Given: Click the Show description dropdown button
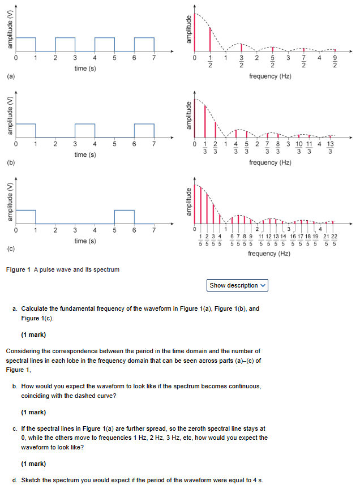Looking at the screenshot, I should pyautogui.click(x=238, y=285).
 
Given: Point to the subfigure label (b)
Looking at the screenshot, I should pyautogui.click(x=11, y=162).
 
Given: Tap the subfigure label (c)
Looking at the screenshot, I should pyautogui.click(x=11, y=248).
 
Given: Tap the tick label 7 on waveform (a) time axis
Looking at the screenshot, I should pyautogui.click(x=153, y=58).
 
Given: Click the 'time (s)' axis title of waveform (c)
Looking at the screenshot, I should pyautogui.click(x=85, y=241).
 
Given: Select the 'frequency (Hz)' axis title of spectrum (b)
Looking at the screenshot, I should pyautogui.click(x=270, y=162).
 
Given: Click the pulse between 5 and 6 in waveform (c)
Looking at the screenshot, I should pyautogui.click(x=124, y=217).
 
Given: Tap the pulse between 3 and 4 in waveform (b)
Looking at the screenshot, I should pyautogui.click(x=85, y=130).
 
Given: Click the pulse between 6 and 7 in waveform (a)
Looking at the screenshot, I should pyautogui.click(x=144, y=44).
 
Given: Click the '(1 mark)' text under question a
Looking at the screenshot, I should pyautogui.click(x=33, y=334).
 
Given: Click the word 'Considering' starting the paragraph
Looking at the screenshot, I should pyautogui.click(x=24, y=351).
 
